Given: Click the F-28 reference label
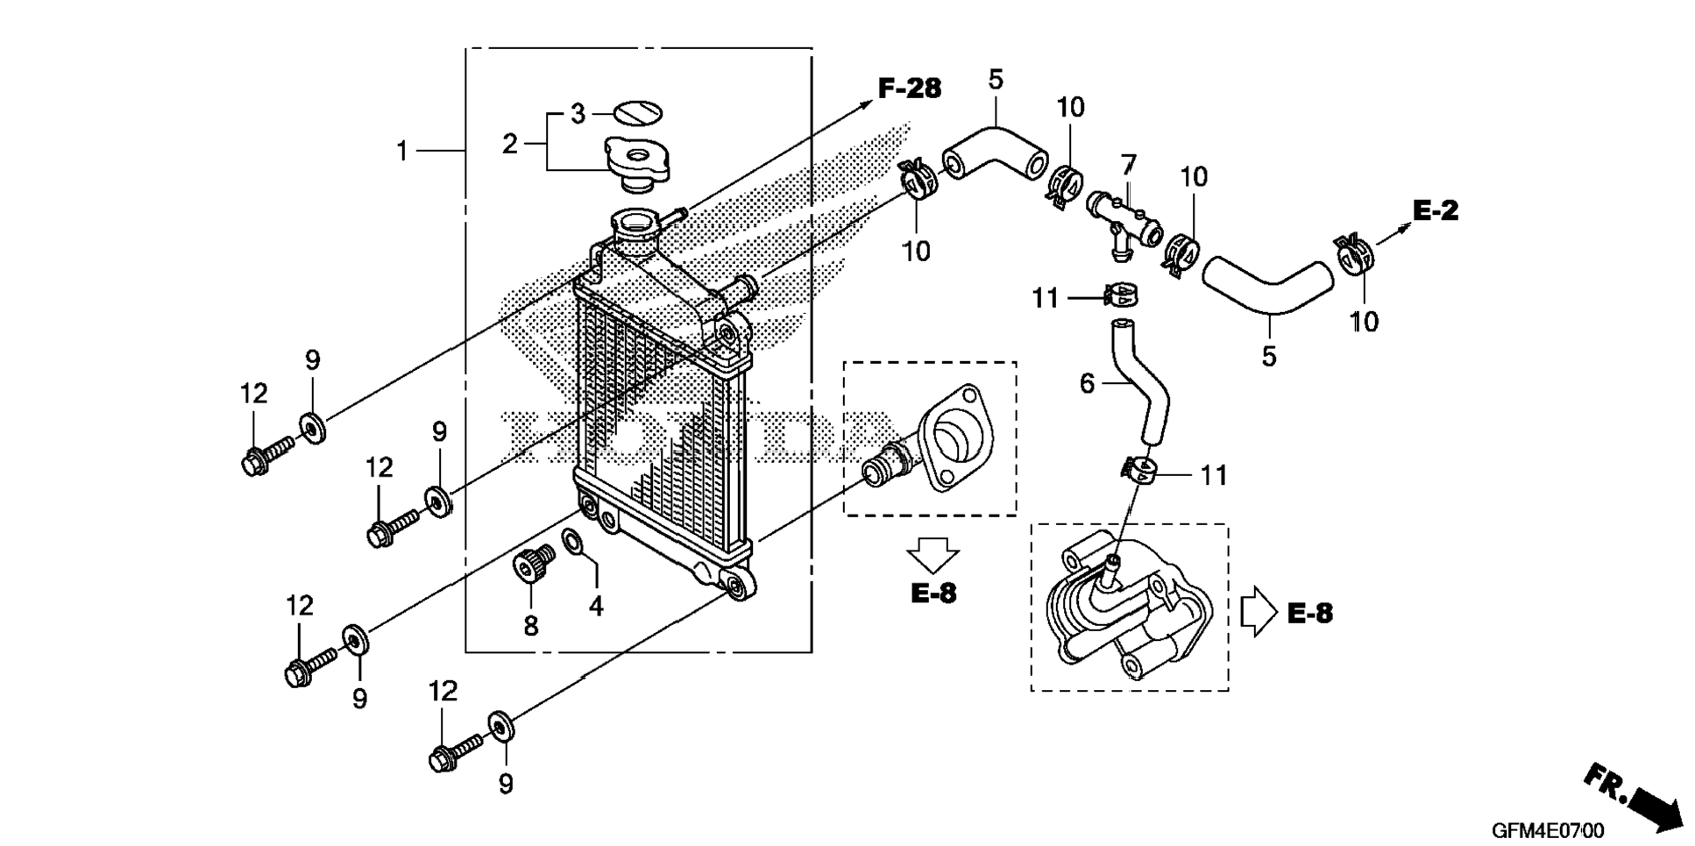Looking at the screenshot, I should pos(909,89).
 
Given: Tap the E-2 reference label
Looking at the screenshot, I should pos(1436,210).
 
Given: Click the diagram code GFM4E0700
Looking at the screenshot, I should pos(1549,830).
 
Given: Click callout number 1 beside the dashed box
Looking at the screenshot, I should pos(402,152).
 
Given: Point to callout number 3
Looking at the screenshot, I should pos(578,114).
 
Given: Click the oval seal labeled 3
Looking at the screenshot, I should pos(637,113).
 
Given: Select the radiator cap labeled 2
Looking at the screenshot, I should pos(637,164).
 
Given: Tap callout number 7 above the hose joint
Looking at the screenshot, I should pos(1129,164).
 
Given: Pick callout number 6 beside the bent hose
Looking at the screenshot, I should pos(1088,383).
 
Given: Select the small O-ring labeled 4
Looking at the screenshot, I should pos(572,543).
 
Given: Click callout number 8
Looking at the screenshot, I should pos(531,626).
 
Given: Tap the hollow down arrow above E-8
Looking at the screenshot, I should pos(933,554).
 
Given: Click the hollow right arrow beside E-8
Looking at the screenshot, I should pos(1259,611).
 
